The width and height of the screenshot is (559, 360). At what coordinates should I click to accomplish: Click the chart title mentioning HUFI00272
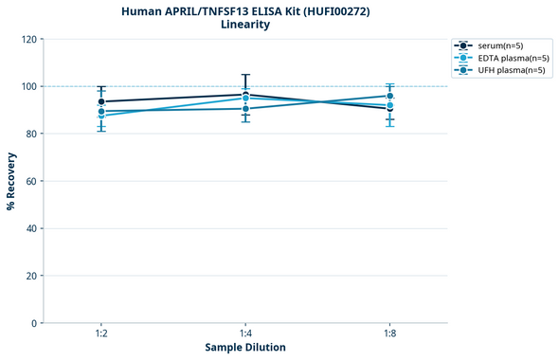click(244, 10)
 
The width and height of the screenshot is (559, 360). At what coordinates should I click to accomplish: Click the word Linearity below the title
click(244, 25)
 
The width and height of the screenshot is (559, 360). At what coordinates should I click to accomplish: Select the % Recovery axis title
click(11, 180)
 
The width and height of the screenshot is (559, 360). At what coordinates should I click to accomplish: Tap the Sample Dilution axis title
click(245, 348)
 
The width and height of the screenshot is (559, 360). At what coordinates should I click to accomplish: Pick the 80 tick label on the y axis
click(30, 134)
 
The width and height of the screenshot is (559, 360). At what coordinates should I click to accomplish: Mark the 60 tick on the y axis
click(30, 181)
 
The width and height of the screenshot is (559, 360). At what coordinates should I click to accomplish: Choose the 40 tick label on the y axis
click(30, 228)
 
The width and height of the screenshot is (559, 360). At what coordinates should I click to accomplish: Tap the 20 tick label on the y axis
click(30, 276)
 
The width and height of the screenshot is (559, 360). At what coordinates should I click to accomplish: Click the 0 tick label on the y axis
click(33, 323)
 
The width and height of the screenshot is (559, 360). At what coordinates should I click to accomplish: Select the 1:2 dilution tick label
click(101, 334)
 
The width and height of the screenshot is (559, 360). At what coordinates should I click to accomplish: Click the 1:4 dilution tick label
click(245, 334)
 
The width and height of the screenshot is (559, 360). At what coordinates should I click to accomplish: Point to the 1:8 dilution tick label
click(389, 334)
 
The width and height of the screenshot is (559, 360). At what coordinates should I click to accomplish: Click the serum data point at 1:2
click(101, 101)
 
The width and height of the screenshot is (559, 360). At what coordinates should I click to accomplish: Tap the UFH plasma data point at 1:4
click(245, 108)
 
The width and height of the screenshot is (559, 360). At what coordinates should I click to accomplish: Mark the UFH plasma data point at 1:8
click(389, 96)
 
